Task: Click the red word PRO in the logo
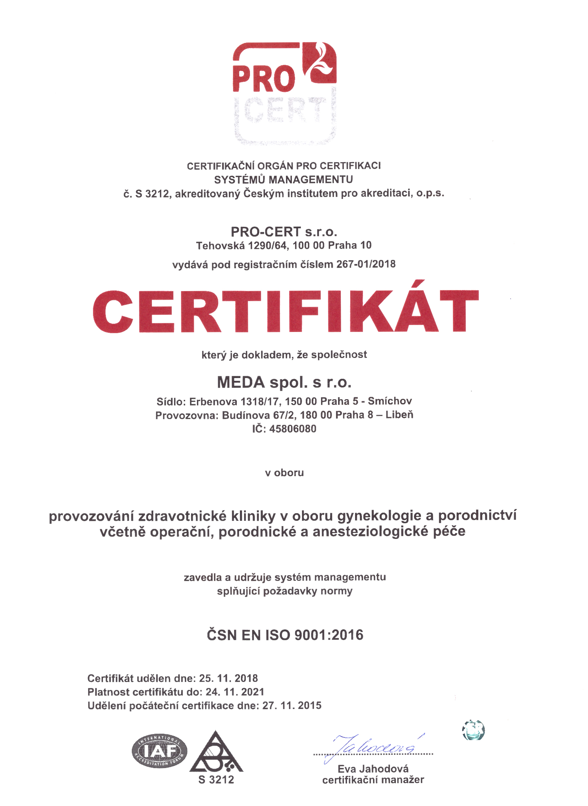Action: coord(264,79)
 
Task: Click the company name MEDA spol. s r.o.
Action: coord(284,382)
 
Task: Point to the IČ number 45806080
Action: coord(293,429)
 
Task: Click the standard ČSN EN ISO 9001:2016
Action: coord(285,635)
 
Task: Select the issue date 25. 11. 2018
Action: coord(228,678)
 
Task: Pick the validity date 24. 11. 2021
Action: coord(235,692)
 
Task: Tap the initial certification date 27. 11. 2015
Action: coord(292,706)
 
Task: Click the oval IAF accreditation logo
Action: coord(159,751)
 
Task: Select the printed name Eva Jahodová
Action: coord(373,769)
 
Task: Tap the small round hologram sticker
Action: coord(473,730)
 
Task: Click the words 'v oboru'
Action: coord(284,473)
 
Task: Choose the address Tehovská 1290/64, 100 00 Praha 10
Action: coord(284,245)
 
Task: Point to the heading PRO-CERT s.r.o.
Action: coord(284,232)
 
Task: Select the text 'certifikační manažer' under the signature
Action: coord(373,780)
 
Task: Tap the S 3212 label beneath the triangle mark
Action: coord(216,780)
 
